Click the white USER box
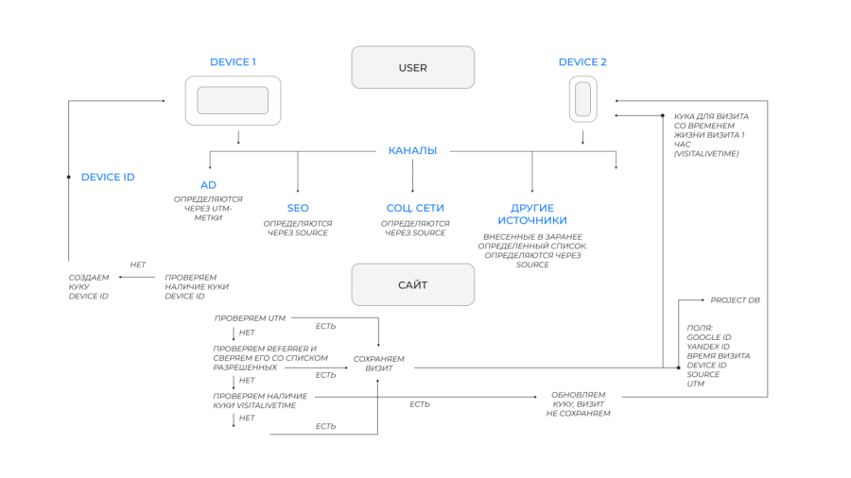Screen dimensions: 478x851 click(x=412, y=68)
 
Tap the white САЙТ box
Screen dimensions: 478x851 click(x=412, y=284)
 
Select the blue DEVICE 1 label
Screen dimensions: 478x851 click(x=233, y=62)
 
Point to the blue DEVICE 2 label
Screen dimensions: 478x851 click(x=582, y=62)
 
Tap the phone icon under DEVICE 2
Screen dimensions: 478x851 click(x=582, y=99)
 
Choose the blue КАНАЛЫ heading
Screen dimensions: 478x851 click(x=412, y=150)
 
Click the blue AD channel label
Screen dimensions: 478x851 click(x=208, y=185)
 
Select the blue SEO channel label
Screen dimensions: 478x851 click(x=298, y=208)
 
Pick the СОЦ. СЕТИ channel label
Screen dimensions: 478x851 click(x=415, y=208)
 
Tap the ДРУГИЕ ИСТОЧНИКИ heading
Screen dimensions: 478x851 click(x=532, y=213)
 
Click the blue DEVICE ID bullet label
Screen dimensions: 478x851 click(x=108, y=177)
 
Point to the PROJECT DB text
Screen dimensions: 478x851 click(x=735, y=299)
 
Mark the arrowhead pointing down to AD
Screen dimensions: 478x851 click(x=209, y=168)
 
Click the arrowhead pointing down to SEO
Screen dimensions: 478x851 click(x=298, y=191)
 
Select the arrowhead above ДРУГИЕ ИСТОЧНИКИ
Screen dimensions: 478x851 click(x=532, y=191)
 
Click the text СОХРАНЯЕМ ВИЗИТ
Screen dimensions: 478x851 click(x=378, y=363)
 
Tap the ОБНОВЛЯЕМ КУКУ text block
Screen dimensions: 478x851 click(x=579, y=403)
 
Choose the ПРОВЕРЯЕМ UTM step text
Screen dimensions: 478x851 click(x=250, y=318)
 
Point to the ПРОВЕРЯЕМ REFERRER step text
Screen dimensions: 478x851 click(x=269, y=357)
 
